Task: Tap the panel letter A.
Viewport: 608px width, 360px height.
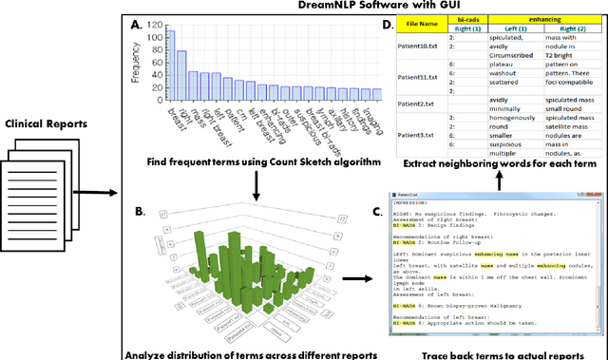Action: coord(136,23)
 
